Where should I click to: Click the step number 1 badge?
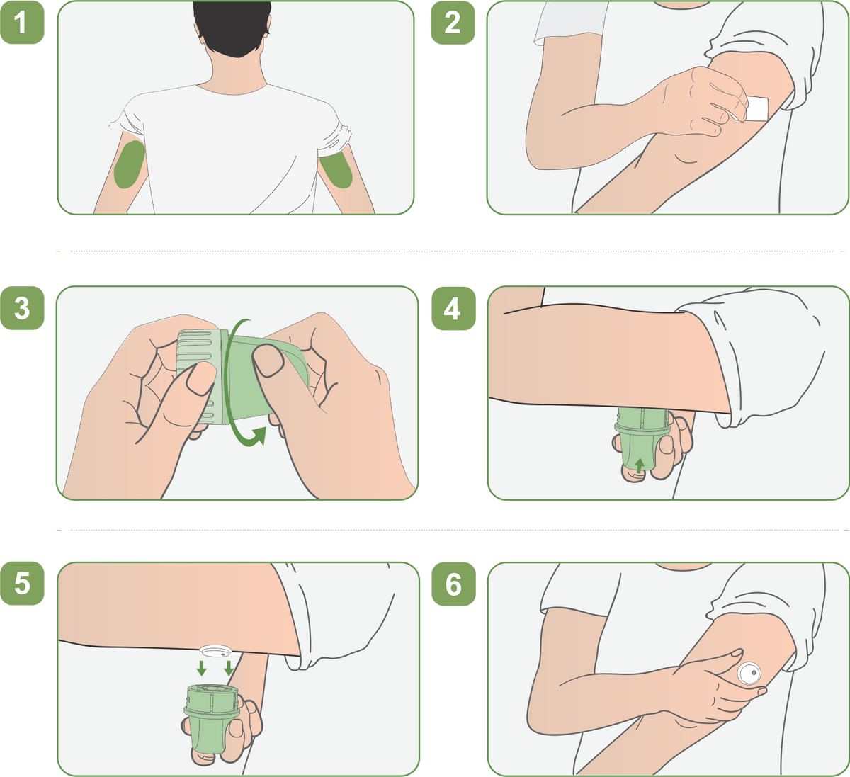tap(22, 23)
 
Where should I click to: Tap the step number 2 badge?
tap(453, 23)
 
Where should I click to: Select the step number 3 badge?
tap(22, 308)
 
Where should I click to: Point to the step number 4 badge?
tap(453, 309)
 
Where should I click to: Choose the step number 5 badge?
tap(22, 583)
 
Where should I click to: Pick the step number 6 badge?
tap(453, 584)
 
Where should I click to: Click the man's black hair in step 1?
tap(232, 26)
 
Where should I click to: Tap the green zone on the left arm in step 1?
tap(130, 164)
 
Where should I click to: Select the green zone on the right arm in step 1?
tap(336, 169)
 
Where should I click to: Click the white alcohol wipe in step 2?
tap(757, 108)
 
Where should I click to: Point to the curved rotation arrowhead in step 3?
tap(259, 436)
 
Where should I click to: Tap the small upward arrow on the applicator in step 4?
tap(640, 465)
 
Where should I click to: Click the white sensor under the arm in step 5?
tap(215, 651)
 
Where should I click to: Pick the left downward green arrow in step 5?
tap(202, 668)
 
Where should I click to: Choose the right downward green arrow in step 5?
tap(229, 668)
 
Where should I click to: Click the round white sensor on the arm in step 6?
tap(749, 673)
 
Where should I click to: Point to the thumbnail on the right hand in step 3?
tap(268, 360)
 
